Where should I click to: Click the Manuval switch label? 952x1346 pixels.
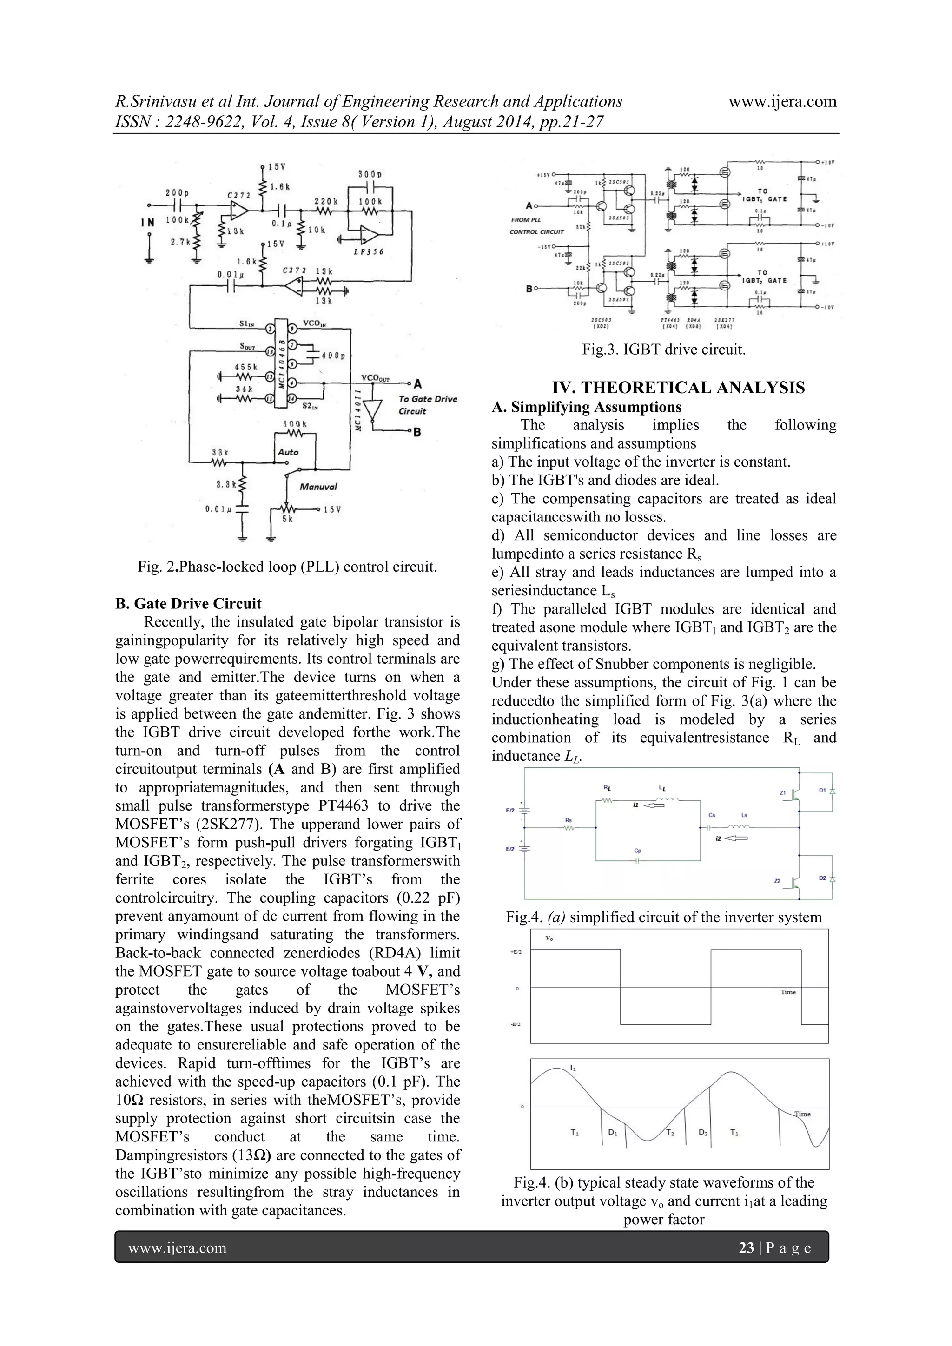pyautogui.click(x=318, y=486)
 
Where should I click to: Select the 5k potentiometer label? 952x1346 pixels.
pyautogui.click(x=287, y=519)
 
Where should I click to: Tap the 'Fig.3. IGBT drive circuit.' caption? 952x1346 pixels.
pyautogui.click(x=664, y=350)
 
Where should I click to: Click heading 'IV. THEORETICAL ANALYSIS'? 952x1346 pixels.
pyautogui.click(x=678, y=388)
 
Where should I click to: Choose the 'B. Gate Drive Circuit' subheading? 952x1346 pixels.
pyautogui.click(x=188, y=604)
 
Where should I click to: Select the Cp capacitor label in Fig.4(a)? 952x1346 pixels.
pyautogui.click(x=638, y=850)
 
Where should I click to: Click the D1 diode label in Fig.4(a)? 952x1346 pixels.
pyautogui.click(x=822, y=790)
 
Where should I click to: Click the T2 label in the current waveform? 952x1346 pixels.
pyautogui.click(x=669, y=1133)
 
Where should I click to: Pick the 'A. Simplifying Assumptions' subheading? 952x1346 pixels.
pyautogui.click(x=586, y=407)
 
